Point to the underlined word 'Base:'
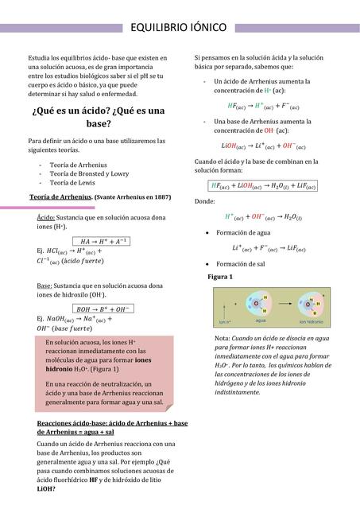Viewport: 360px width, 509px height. click(x=46, y=285)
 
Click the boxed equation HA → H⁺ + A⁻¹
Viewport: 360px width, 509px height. click(x=104, y=241)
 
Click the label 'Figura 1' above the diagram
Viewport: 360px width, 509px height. click(x=219, y=277)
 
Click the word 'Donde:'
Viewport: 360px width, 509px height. click(x=204, y=202)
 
